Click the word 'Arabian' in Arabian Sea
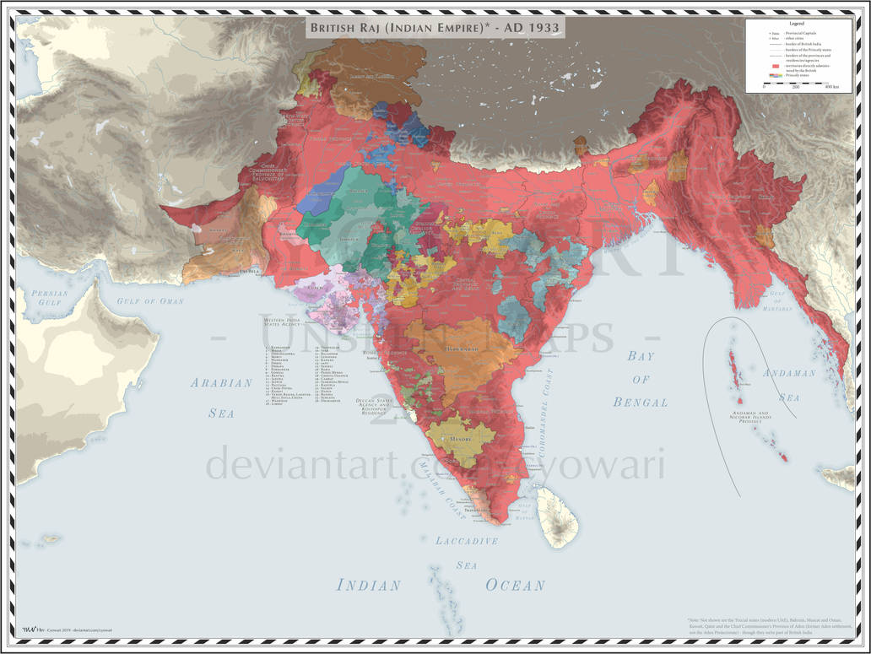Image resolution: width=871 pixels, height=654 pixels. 221,382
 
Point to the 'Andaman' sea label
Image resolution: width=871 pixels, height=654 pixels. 789,373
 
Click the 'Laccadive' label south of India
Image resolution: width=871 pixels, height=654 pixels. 467,541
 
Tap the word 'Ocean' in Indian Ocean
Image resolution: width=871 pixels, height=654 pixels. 515,585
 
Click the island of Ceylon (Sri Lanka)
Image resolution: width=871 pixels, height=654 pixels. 556,516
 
